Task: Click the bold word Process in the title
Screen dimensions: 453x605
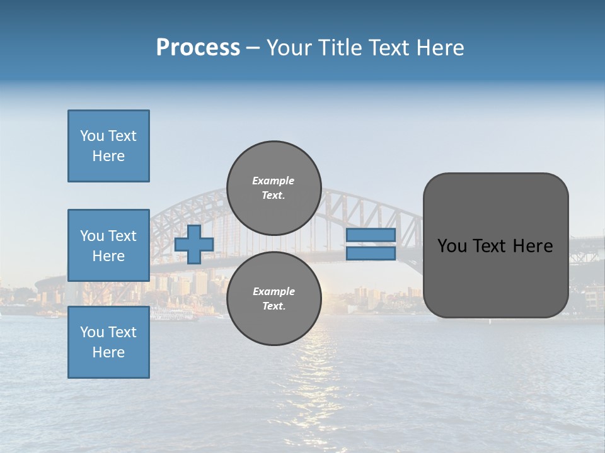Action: point(198,48)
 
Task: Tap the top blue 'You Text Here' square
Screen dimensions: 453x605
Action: point(108,146)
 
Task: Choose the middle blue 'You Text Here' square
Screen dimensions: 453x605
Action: point(108,245)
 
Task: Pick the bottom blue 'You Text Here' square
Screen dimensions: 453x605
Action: point(108,342)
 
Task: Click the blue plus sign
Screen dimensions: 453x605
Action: point(194,245)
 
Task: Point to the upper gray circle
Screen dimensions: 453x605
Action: point(274,188)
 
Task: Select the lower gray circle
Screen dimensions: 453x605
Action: point(274,299)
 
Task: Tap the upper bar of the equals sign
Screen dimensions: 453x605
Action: point(371,235)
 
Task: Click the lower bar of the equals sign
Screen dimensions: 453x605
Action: point(371,254)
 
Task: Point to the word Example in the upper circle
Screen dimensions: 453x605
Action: point(274,181)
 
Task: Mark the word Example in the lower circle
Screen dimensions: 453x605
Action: point(274,291)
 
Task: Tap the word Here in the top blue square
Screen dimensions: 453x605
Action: point(108,156)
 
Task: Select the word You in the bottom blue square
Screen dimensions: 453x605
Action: point(91,332)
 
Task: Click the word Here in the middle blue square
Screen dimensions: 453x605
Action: point(108,256)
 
